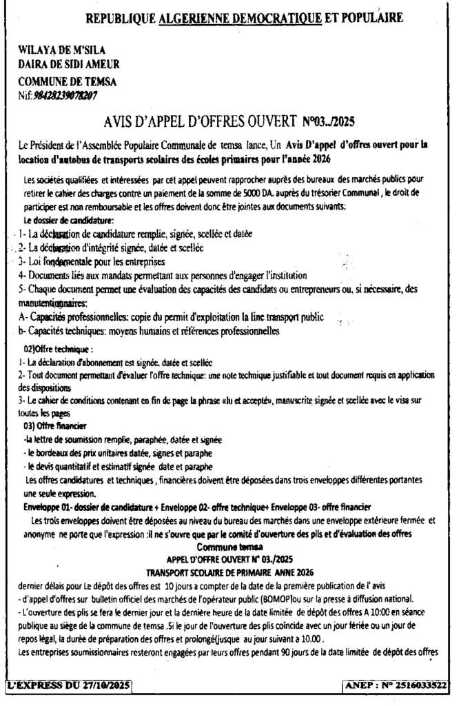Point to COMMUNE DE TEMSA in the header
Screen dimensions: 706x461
[68, 81]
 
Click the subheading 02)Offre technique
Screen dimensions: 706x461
[57, 349]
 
